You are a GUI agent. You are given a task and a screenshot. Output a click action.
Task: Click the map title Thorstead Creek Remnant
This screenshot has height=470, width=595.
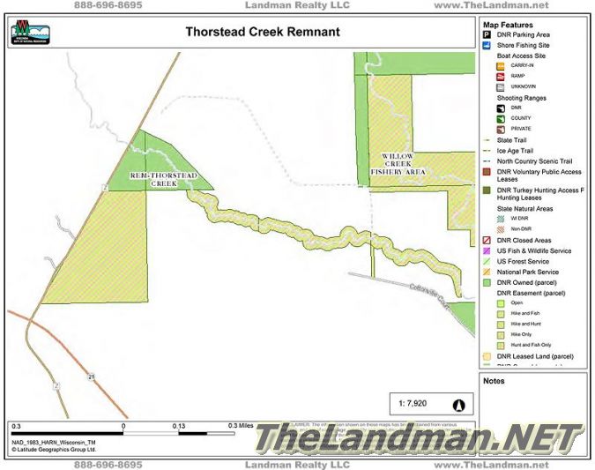[x=262, y=32]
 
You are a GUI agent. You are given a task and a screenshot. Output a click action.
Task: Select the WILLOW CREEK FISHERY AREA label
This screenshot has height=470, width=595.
[x=404, y=163]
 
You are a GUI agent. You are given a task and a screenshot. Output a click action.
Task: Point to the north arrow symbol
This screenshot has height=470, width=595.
[x=458, y=404]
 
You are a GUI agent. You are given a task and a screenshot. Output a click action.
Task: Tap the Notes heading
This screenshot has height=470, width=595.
[x=494, y=381]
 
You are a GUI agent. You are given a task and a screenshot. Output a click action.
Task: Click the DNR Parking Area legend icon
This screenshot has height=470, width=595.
[x=486, y=34]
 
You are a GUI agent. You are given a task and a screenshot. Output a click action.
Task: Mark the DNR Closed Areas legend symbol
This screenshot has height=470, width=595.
[x=486, y=240]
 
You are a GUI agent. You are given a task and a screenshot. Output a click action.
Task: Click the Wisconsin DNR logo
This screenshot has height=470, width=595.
[x=30, y=33]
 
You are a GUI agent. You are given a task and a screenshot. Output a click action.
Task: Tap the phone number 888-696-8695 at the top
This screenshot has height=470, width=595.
[x=108, y=5]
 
